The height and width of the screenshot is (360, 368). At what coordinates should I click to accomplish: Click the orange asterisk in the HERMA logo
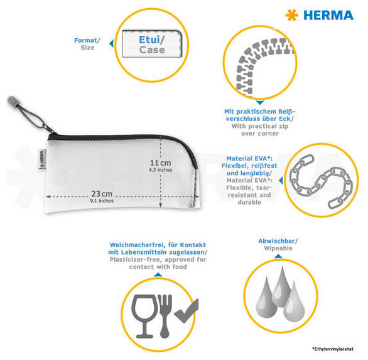tap(292, 15)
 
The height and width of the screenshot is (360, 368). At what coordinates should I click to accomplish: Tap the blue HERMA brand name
tap(328, 16)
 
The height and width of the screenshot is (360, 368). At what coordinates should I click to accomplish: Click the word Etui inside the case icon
tap(149, 40)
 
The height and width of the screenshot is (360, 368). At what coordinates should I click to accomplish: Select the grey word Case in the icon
tap(152, 50)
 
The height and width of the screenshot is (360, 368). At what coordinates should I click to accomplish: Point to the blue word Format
tap(85, 40)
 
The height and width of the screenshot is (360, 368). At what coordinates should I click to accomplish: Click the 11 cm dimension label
tap(161, 162)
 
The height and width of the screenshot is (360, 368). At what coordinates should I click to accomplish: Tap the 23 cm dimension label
tap(102, 194)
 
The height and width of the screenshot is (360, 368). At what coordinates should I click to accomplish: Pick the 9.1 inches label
tap(102, 201)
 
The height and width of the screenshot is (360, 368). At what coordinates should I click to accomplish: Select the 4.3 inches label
tap(161, 170)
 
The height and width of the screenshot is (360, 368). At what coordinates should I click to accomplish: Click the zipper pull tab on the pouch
tap(12, 101)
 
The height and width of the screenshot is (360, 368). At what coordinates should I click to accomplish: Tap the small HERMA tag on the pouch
tap(41, 159)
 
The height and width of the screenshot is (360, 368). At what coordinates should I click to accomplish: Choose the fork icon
tap(165, 316)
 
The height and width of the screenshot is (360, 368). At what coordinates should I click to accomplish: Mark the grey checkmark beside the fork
tap(187, 311)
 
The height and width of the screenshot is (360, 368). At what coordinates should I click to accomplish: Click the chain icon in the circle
tap(321, 181)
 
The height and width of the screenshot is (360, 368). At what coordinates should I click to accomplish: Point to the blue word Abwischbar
tap(276, 241)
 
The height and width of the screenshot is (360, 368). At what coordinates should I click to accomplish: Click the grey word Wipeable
tap(278, 248)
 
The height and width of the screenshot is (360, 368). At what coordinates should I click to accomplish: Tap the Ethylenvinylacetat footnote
tap(333, 349)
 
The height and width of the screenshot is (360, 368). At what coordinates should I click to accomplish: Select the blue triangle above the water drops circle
tap(278, 257)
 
